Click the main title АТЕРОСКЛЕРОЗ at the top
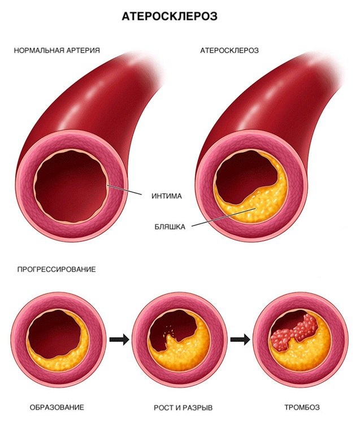pos(170,17)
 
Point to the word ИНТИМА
pos(167,197)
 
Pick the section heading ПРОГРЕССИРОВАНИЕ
pos(54,270)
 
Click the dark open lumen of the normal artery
pos(71,187)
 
